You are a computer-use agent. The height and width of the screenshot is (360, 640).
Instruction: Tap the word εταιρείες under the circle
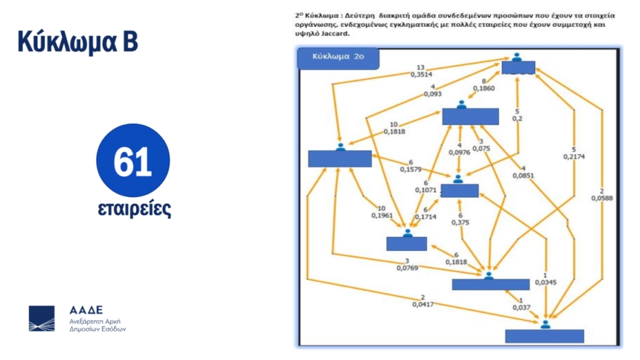(134, 209)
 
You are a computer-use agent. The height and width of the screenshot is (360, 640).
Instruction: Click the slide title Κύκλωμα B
(78, 42)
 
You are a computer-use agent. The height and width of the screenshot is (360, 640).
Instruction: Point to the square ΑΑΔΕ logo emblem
(41, 319)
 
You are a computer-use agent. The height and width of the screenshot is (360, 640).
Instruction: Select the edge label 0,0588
(601, 196)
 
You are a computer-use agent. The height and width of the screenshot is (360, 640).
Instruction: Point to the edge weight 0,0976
(459, 152)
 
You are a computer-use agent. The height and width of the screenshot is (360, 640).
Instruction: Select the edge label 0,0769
(408, 268)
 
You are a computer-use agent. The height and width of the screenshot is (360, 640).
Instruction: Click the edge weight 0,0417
(423, 303)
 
